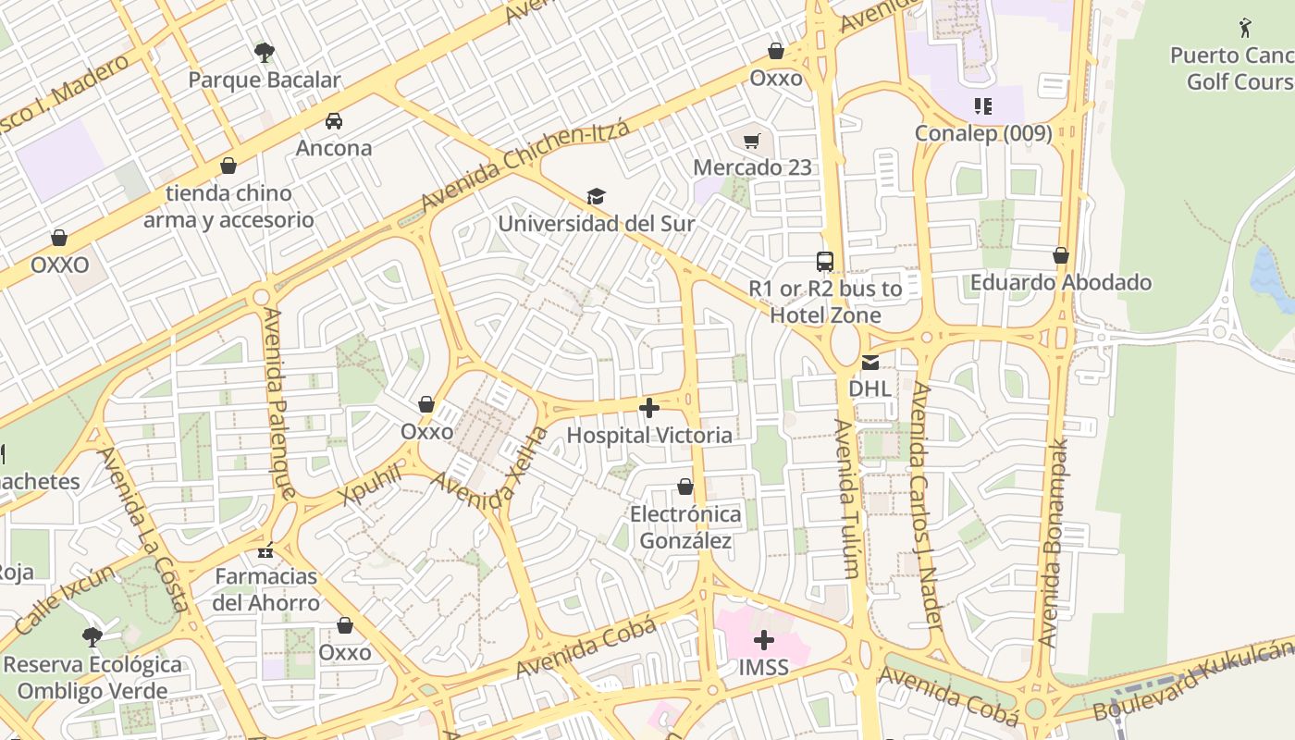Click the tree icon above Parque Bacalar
[265, 52]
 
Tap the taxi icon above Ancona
[334, 120]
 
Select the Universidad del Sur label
[596, 224]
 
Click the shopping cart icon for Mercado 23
[752, 141]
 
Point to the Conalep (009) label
[983, 133]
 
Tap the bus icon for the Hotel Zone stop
[825, 261]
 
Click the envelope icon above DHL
[870, 362]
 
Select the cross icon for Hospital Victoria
[649, 407]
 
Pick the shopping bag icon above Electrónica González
[685, 487]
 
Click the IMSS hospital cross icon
[764, 639]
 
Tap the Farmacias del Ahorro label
[266, 589]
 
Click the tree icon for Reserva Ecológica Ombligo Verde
[92, 636]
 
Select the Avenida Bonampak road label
[1054, 541]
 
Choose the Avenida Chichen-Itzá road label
[524, 165]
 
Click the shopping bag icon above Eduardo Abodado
[1061, 255]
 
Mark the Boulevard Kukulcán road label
[1193, 682]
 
